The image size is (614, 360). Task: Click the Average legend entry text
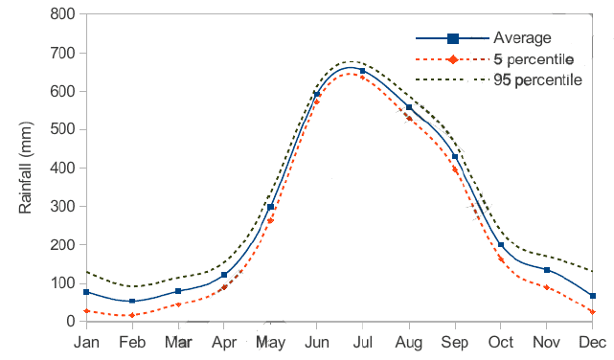(x=522, y=38)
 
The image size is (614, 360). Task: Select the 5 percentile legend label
(x=534, y=59)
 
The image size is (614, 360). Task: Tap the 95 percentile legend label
(x=537, y=79)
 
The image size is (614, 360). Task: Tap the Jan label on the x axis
(x=86, y=342)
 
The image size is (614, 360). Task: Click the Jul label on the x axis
(x=362, y=342)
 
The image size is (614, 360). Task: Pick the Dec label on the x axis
(x=592, y=342)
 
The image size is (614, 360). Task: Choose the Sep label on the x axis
(x=454, y=342)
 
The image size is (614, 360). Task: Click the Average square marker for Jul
(x=362, y=72)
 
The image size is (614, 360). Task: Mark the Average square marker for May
(x=270, y=207)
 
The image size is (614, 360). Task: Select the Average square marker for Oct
(x=501, y=245)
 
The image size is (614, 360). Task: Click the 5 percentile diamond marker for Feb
(x=132, y=315)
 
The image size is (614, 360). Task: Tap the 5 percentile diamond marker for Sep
(x=455, y=170)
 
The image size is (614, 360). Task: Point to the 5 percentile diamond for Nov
(x=547, y=287)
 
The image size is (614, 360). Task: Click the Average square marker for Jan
(x=86, y=292)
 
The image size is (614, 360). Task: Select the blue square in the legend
(x=453, y=38)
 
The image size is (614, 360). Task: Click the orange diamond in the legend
(x=453, y=59)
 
